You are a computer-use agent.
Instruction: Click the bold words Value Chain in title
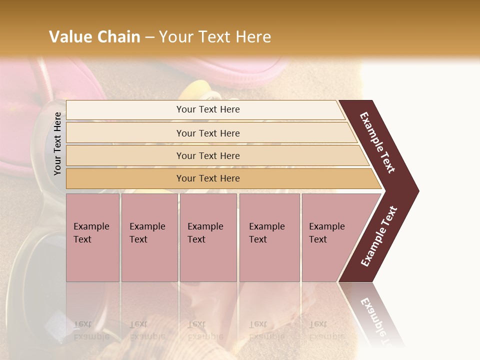coord(94,37)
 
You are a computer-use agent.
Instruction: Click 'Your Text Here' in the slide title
coord(215,37)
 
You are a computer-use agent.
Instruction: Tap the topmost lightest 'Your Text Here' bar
coord(207,109)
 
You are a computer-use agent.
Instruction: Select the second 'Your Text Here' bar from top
coord(207,133)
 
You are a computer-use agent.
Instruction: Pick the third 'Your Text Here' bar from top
coord(207,155)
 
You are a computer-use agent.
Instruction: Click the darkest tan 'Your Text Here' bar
coord(207,178)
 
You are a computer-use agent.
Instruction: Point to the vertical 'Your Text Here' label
coord(57,143)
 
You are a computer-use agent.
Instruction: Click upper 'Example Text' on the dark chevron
coord(377,142)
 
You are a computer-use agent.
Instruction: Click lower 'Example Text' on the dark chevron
coord(379,236)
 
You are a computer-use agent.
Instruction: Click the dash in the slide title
coord(149,37)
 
